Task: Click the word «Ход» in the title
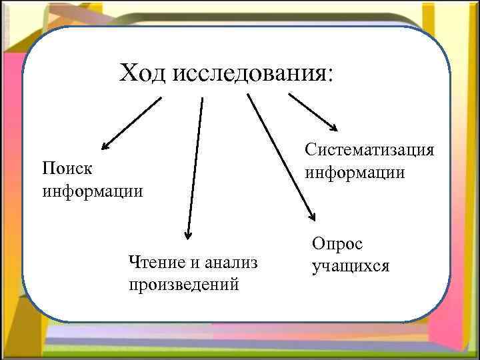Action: (x=143, y=73)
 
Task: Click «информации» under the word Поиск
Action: (x=93, y=191)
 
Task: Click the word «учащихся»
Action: (x=351, y=267)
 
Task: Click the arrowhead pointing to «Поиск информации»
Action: (x=106, y=144)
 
